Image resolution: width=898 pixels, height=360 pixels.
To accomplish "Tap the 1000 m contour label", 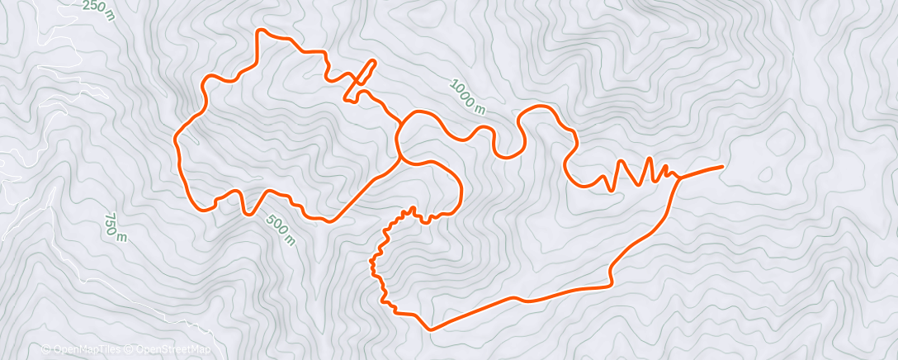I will [x=467, y=95].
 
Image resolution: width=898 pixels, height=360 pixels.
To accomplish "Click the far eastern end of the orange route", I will [x=722, y=167].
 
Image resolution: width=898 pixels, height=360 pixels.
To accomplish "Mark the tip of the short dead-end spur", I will [x=374, y=61].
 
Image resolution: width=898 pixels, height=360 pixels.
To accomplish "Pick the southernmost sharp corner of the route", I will [x=430, y=329].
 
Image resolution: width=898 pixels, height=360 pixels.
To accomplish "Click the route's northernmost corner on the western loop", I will [x=262, y=31].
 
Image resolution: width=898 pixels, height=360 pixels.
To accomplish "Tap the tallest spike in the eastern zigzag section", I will [x=650, y=159].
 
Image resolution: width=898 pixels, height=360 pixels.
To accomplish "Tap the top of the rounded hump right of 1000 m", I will [x=541, y=107].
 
